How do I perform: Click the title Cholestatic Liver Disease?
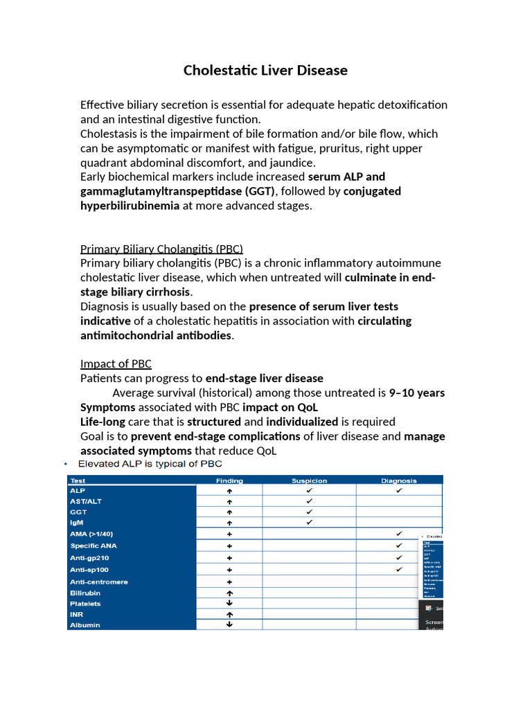click(265, 71)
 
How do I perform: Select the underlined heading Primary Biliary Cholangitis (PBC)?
click(161, 249)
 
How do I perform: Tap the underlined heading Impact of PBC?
click(116, 364)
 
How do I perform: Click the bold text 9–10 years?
click(417, 393)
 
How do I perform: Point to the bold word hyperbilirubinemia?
click(130, 206)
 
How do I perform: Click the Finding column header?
click(229, 481)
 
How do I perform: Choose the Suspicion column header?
click(309, 481)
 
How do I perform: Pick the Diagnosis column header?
click(399, 481)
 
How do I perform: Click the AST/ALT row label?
click(86, 501)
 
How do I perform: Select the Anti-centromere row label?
click(99, 582)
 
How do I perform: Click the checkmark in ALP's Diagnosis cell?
click(399, 490)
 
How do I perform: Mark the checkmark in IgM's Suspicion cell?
click(309, 523)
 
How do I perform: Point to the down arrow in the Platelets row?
click(229, 603)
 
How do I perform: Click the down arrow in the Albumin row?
click(229, 625)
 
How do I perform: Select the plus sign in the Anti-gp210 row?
click(229, 558)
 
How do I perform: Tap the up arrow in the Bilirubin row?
click(229, 593)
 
